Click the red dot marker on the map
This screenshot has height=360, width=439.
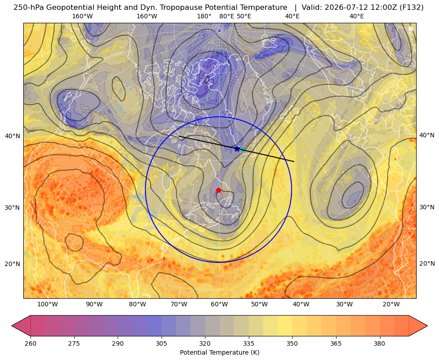point(218,190)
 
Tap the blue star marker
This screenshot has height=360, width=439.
point(237,148)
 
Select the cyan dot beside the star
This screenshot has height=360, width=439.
point(243,150)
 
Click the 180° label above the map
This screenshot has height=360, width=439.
point(204,16)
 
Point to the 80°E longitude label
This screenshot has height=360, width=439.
point(226,16)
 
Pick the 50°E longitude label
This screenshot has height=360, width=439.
point(244,16)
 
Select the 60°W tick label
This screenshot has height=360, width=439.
point(219,305)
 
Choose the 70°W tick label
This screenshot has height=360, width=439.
point(179,305)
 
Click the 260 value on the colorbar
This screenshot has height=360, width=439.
point(30,343)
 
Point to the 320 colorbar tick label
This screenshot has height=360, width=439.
point(205,343)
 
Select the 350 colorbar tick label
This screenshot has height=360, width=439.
point(292,343)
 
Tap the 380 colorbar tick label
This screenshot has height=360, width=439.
point(379,343)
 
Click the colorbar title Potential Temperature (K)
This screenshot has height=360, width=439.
point(219,352)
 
